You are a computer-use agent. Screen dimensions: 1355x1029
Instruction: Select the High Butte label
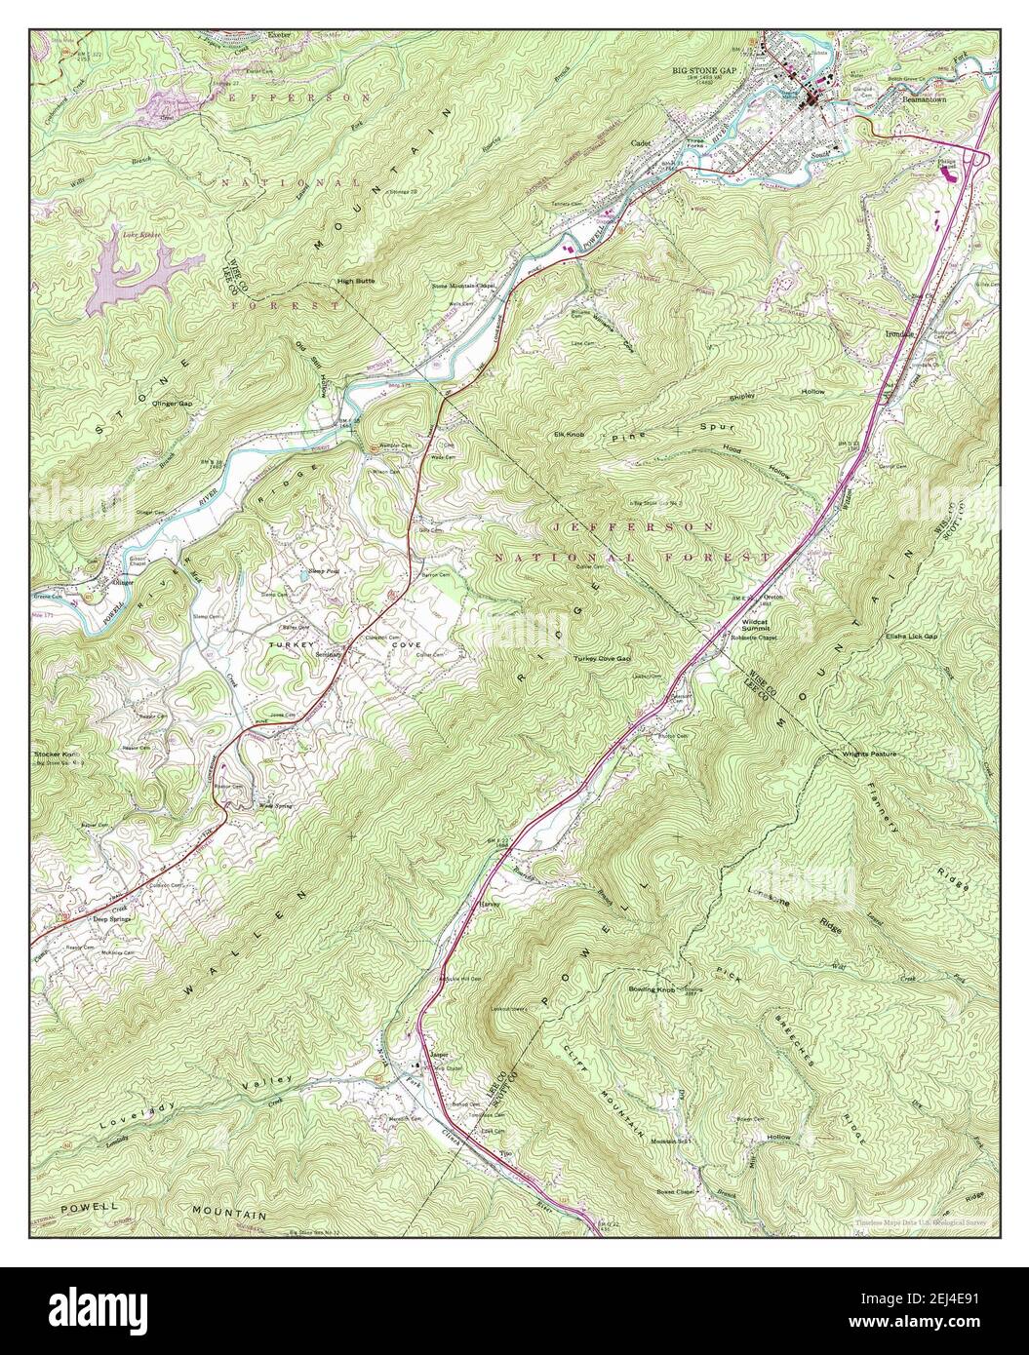coord(356,281)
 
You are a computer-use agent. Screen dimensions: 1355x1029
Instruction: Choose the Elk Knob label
coord(569,434)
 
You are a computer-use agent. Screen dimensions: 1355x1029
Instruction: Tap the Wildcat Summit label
coord(757,625)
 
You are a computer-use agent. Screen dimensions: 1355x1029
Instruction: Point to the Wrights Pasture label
coord(870,755)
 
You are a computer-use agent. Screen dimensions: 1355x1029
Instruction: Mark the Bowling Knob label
coord(653,989)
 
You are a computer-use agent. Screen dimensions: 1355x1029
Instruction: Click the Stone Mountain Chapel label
coord(465,287)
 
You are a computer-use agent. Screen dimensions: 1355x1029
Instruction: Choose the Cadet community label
coord(641,142)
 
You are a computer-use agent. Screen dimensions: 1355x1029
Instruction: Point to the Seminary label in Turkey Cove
coord(327,655)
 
